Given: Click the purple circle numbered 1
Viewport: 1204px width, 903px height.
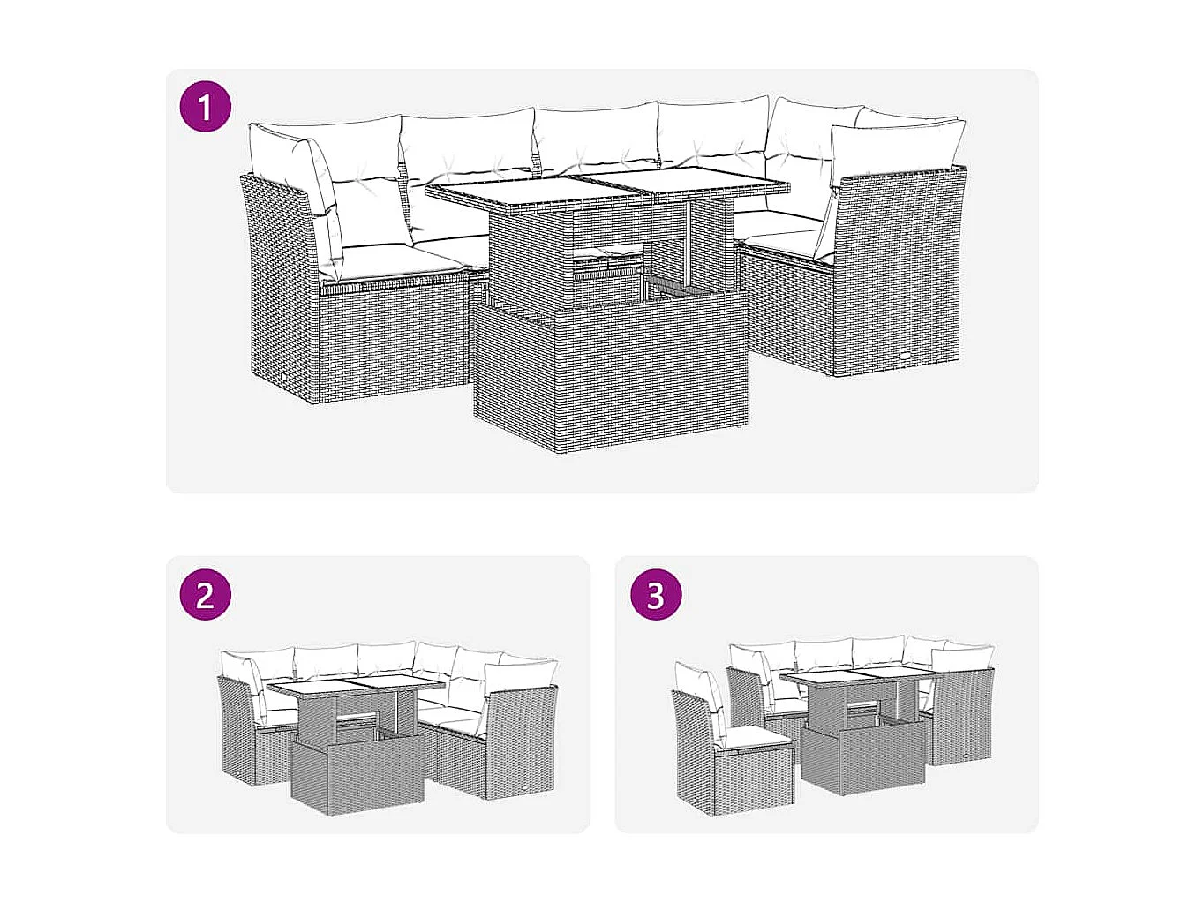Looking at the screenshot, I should point(205,108).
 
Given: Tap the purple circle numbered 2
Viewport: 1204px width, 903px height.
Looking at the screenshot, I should point(205,594).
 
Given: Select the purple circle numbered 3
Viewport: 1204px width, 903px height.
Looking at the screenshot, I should point(655,594).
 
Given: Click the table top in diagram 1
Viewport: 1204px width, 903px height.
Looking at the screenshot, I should point(606,185).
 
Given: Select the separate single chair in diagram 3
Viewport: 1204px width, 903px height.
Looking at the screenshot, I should point(724,750).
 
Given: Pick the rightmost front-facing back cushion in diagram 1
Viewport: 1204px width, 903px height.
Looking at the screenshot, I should point(896,150).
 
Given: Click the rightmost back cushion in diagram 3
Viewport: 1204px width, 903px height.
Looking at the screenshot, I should point(967,657).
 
